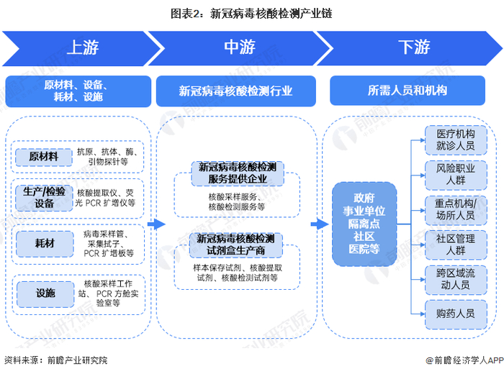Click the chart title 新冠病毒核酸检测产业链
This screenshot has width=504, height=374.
point(251,13)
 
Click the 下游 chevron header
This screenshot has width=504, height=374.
point(413,47)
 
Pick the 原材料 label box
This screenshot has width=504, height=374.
point(42,156)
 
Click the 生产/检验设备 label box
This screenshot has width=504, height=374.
point(42,197)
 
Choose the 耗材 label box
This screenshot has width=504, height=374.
point(42,244)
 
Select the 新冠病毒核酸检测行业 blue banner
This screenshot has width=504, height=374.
point(236,91)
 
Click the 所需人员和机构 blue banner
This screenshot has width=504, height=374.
point(407,91)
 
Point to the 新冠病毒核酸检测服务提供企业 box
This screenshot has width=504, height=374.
point(236,173)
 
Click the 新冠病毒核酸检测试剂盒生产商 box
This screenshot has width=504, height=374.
point(236,245)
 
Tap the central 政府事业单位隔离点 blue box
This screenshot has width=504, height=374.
point(364,224)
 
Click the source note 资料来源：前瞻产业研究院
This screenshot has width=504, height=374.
point(55,360)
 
